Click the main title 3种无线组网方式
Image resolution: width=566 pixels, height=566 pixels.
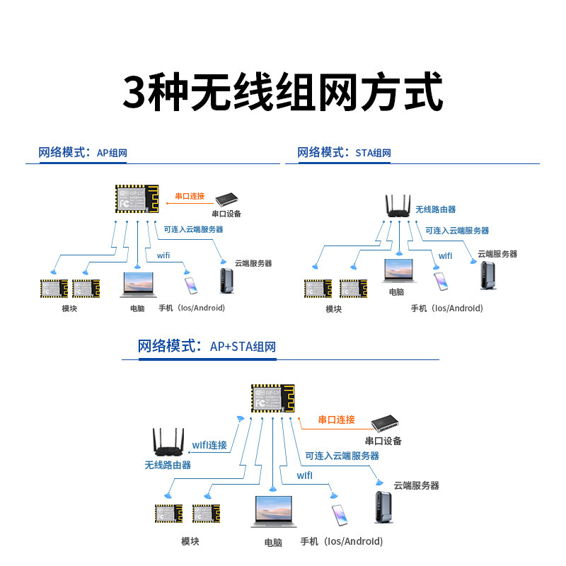coord(283,92)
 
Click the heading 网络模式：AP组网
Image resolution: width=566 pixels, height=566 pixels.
coord(83,153)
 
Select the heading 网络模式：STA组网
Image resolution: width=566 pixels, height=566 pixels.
coord(344,153)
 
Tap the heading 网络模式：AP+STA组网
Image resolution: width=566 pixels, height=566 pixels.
coord(207,346)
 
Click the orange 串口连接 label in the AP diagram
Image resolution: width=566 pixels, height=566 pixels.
coord(190,196)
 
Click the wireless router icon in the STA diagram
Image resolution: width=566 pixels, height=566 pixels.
coord(398,206)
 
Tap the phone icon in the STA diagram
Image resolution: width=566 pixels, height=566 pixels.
coord(441,282)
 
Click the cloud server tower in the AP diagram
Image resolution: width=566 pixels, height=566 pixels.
coord(226,280)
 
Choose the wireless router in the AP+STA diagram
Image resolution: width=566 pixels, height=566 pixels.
coord(168,443)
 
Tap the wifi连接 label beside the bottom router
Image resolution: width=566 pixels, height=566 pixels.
coord(209,445)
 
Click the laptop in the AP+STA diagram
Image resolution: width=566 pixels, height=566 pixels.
coord(273,512)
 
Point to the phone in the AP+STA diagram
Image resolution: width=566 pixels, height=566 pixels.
coord(340,515)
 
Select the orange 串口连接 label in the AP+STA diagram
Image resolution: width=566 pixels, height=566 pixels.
coord(336,420)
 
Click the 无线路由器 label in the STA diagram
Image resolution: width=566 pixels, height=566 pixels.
coord(435,209)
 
